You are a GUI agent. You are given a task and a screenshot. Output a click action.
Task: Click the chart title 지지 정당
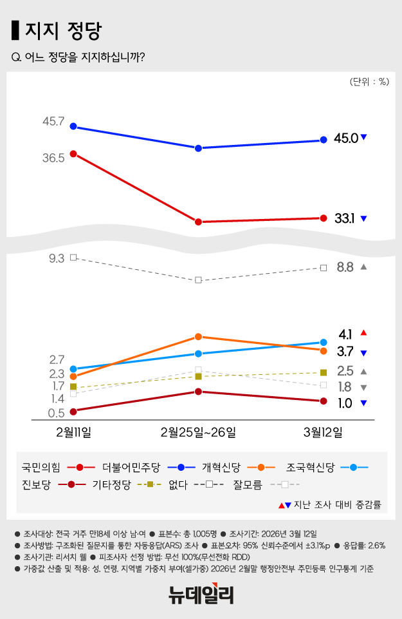63,30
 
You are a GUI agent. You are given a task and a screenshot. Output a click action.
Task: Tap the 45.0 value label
345,138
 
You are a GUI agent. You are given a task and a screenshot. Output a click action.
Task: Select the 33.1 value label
345,218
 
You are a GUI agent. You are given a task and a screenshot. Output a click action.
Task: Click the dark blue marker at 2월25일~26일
199,148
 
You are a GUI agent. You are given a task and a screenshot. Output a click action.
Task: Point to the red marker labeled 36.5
73,153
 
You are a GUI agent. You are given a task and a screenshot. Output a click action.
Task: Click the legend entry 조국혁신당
310,466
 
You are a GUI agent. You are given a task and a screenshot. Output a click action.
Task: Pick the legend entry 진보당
36,484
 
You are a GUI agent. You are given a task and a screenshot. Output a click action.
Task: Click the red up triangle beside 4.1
363,332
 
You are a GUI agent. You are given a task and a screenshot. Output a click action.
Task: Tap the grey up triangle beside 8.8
363,267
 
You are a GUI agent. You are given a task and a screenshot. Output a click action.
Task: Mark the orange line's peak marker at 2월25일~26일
199,336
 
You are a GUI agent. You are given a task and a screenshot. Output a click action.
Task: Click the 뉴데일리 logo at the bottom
201,593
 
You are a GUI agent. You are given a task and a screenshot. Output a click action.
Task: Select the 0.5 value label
56,413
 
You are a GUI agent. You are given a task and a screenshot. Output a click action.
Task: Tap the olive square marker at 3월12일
324,372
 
